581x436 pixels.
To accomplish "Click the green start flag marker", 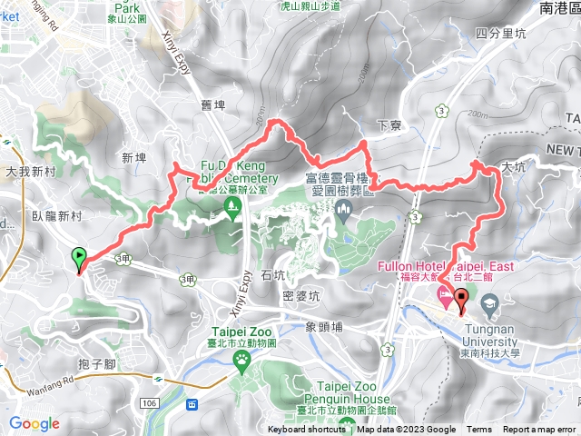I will [x=79, y=259].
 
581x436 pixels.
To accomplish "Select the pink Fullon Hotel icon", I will [x=445, y=295].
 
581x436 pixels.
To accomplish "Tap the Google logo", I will [x=34, y=423].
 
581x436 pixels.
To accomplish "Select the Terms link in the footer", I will [x=479, y=430].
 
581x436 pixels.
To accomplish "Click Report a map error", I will [x=539, y=430].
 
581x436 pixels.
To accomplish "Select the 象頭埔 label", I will [x=324, y=325].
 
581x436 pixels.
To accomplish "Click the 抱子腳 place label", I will [x=94, y=362].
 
